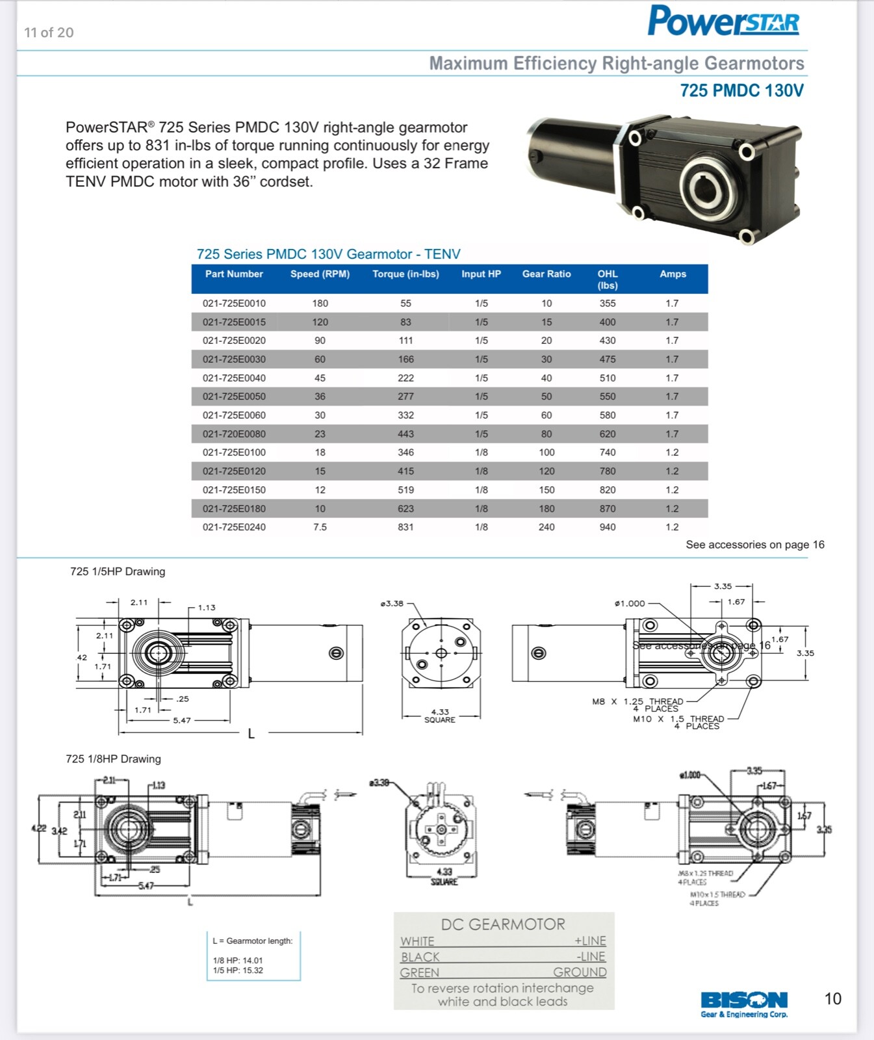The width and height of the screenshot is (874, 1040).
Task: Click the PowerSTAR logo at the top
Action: click(723, 21)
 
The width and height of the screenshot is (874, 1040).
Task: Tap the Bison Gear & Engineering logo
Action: click(744, 1004)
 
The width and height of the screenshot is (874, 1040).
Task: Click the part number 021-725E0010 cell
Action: click(234, 304)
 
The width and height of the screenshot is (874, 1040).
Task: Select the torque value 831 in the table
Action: click(405, 527)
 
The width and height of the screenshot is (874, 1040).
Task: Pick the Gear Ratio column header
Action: click(546, 274)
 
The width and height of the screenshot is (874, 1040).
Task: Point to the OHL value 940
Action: click(608, 527)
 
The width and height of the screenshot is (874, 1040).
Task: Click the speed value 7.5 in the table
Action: click(320, 527)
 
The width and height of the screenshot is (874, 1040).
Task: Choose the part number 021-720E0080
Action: click(234, 434)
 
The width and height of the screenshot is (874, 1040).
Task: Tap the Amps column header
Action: click(673, 274)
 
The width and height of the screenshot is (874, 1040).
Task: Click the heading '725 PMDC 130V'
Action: click(741, 90)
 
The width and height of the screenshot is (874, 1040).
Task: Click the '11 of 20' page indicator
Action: click(49, 32)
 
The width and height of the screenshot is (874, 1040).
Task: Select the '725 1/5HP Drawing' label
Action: click(118, 571)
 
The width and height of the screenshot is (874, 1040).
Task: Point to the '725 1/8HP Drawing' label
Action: click(113, 759)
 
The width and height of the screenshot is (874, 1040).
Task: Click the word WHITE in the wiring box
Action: click(417, 941)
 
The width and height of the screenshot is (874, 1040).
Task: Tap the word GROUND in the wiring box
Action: click(580, 972)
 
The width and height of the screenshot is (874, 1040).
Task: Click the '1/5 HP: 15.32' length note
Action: click(238, 970)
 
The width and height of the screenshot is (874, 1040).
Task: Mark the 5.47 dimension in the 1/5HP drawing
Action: click(182, 720)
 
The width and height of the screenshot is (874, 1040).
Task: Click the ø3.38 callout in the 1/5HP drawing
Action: click(392, 603)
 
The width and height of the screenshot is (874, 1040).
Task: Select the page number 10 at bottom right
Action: click(832, 999)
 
